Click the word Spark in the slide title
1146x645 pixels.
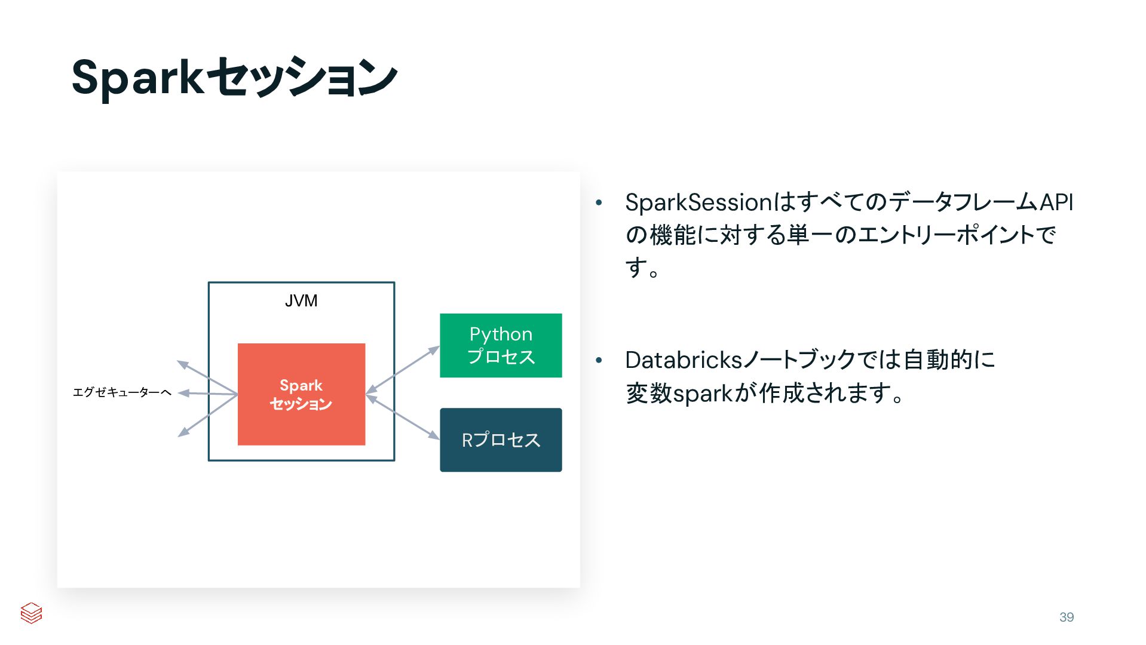click(x=137, y=78)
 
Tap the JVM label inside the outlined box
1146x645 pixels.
click(x=301, y=301)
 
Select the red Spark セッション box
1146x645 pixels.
click(x=301, y=418)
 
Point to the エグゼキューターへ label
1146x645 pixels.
click(x=122, y=392)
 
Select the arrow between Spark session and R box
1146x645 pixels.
click(x=403, y=417)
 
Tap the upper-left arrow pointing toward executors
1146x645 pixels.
click(x=206, y=377)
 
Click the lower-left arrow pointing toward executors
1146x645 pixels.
click(x=206, y=416)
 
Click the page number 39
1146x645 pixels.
click(x=1067, y=617)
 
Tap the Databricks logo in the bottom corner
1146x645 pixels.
click(x=31, y=613)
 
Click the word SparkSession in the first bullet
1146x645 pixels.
click(x=699, y=202)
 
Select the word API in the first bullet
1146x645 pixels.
click(x=1056, y=202)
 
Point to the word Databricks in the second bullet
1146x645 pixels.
click(x=684, y=360)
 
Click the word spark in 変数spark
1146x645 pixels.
click(x=703, y=394)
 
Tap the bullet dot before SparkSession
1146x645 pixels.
click(x=599, y=203)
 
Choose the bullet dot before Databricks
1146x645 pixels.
click(x=599, y=361)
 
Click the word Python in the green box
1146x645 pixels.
click(x=501, y=334)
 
